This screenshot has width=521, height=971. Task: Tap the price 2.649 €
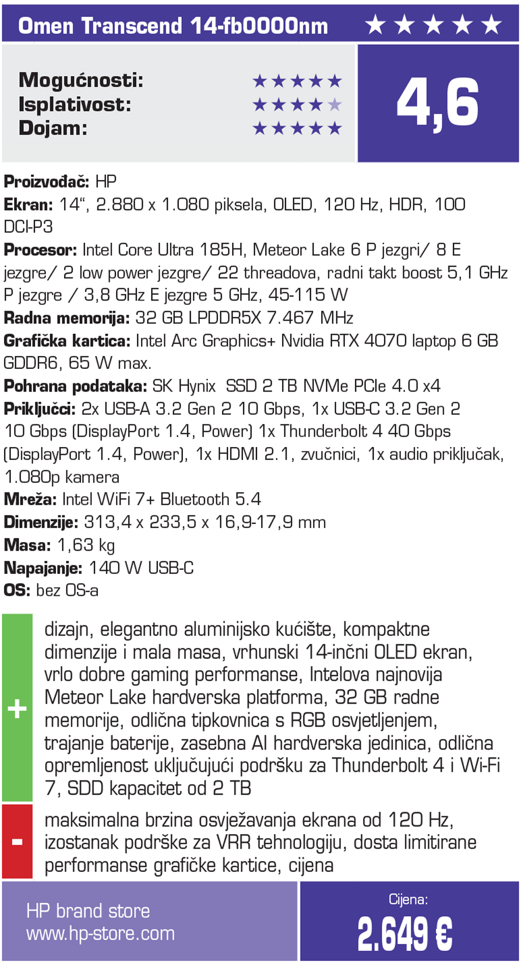coord(404,934)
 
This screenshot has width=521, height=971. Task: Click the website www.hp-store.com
coord(100,933)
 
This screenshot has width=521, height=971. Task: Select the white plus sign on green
coord(17,708)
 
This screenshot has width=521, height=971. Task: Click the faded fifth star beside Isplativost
coord(335,105)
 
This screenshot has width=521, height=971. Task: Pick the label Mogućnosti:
coord(81,80)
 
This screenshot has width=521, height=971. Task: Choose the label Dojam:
coord(53,128)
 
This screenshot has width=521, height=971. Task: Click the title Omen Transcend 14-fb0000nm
coord(173,26)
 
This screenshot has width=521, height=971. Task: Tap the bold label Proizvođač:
coord(46,182)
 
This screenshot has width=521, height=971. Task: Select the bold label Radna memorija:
coord(67,318)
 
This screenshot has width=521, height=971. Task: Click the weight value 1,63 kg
coord(86,545)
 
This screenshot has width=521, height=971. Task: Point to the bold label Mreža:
coord(30,500)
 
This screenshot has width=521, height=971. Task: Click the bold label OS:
coord(16,591)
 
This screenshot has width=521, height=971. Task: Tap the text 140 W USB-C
coord(141,568)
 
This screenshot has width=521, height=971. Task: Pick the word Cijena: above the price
coord(408,899)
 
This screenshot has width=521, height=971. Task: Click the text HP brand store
coord(88,910)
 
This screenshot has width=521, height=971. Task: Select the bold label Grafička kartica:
coord(67,341)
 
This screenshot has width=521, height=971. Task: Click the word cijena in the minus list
coord(311,865)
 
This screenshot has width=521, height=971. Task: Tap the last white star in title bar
coord(491,25)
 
